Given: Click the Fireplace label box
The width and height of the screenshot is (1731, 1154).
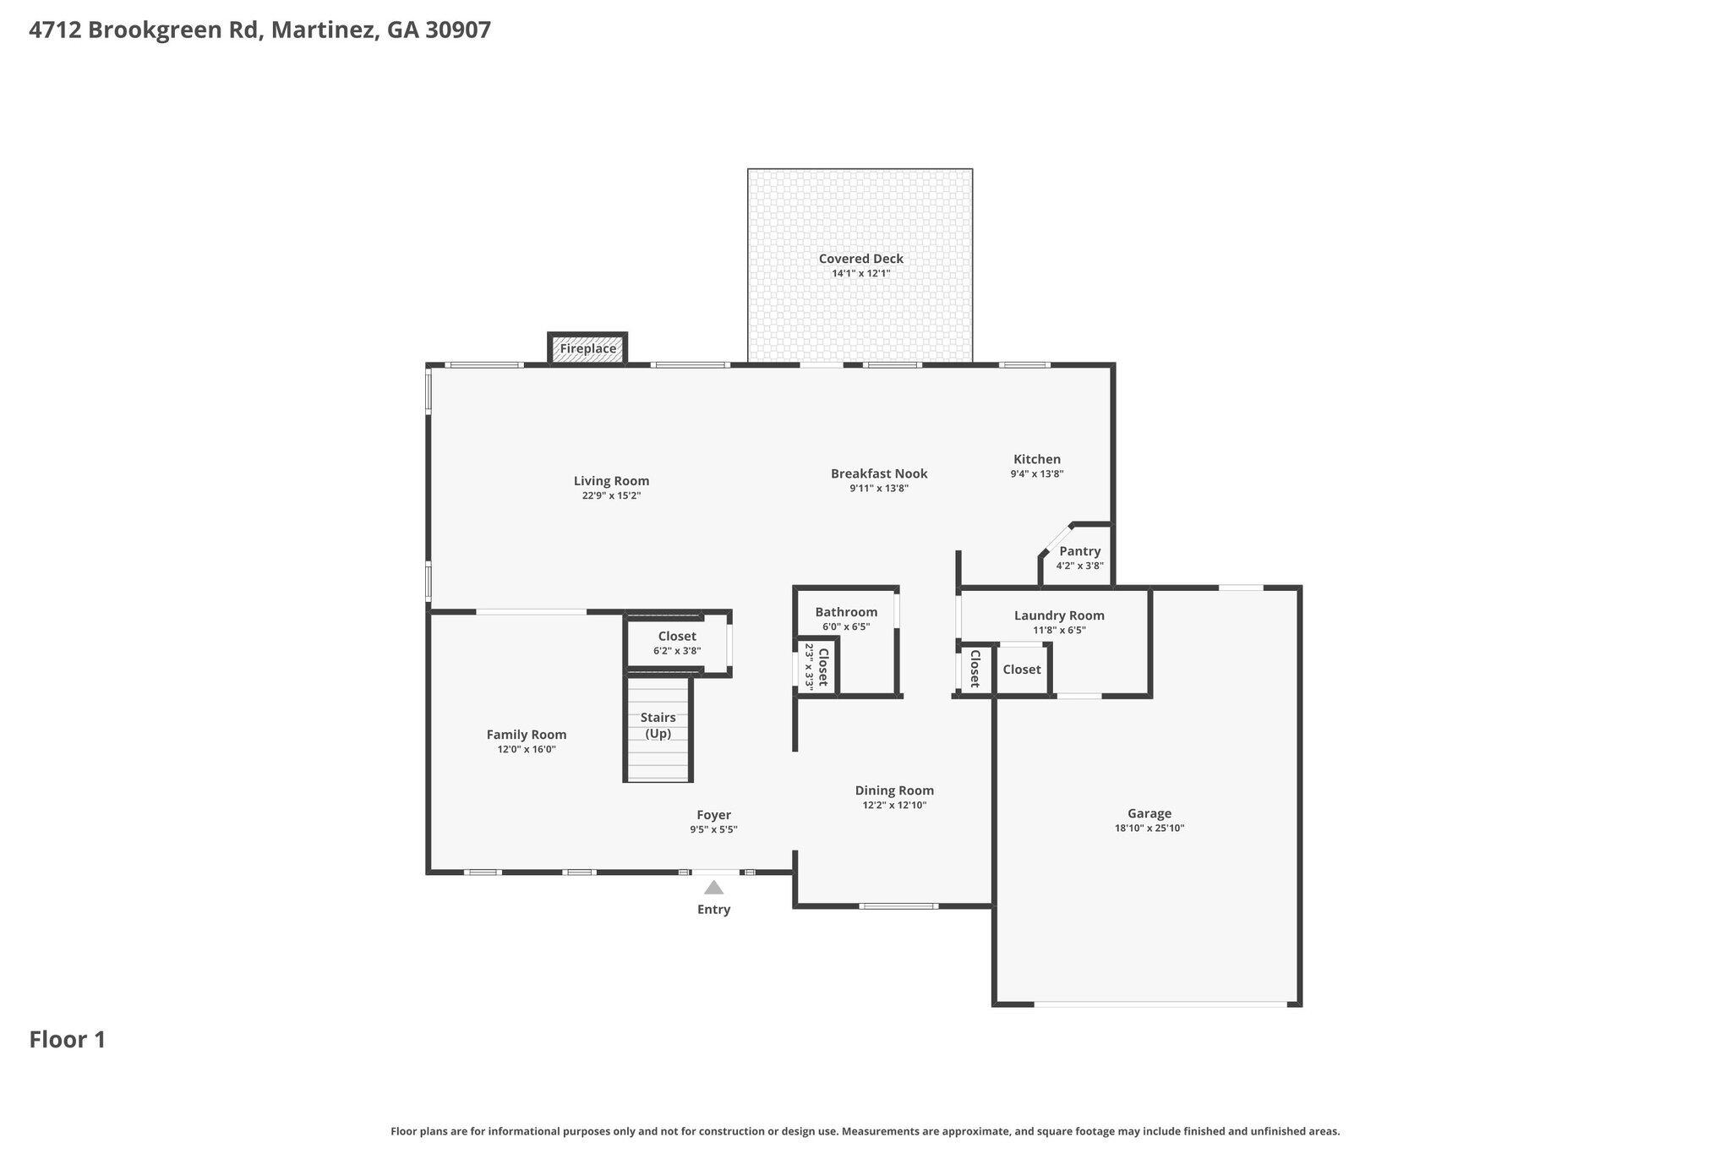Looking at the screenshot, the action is click(588, 348).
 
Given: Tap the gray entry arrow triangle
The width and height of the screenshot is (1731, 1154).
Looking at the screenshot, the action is click(714, 887).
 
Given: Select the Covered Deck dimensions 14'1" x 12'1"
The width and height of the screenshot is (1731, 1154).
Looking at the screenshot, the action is click(861, 273).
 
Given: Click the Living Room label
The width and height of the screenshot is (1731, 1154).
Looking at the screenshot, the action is click(611, 481).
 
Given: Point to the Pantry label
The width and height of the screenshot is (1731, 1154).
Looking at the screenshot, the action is click(1080, 551).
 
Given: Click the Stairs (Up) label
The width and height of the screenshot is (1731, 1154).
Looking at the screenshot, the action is click(658, 725).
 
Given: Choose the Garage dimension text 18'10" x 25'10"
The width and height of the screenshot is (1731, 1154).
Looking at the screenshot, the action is click(1149, 828).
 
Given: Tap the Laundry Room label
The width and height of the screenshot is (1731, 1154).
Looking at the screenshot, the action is click(1059, 615).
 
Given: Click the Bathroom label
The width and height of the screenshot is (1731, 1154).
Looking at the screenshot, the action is click(846, 612).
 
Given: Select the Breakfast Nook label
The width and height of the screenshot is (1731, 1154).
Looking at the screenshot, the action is click(879, 473).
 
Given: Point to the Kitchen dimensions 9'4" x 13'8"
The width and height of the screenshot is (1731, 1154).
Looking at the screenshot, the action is click(1037, 473).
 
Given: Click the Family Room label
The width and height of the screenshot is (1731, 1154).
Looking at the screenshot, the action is click(527, 735).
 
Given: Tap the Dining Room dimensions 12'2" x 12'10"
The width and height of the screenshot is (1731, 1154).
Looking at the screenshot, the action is click(894, 805).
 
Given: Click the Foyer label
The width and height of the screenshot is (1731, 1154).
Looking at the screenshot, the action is click(714, 815).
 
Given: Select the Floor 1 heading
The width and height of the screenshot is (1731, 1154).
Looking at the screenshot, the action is click(68, 1039).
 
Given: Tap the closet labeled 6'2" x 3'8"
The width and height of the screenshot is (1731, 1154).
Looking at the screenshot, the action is click(677, 643).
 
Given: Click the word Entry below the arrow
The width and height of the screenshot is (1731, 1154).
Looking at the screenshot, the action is click(714, 909).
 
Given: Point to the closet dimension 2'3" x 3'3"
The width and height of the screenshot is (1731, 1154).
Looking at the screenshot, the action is click(809, 667).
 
